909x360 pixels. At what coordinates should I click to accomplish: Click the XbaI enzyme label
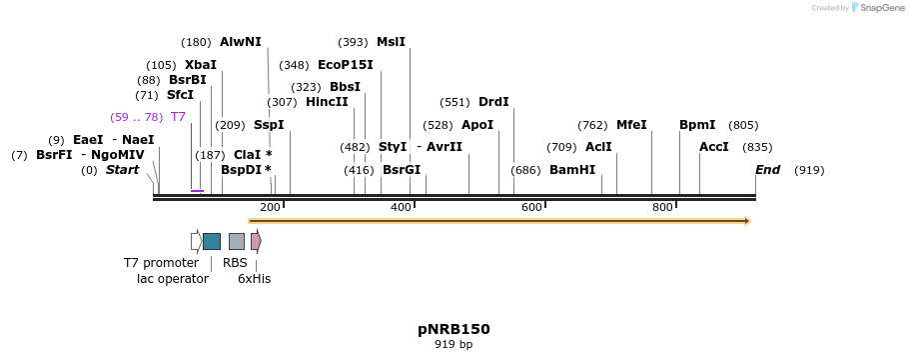201,65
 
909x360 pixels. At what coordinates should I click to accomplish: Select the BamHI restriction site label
572,170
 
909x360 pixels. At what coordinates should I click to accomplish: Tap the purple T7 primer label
178,117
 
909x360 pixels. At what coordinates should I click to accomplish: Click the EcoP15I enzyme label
345,65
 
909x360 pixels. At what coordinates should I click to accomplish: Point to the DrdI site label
493,102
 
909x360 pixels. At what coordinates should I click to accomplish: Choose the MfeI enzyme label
631,125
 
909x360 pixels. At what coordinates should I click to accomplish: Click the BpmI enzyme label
697,125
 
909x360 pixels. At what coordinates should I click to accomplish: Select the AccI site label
714,147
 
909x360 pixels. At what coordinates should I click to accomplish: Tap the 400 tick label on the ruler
401,207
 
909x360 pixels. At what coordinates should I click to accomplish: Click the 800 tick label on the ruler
662,207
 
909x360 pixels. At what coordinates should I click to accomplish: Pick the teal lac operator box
212,241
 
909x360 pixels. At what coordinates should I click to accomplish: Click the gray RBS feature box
237,241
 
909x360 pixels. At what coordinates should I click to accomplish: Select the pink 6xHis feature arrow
256,241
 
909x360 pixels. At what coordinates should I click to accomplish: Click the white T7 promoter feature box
196,241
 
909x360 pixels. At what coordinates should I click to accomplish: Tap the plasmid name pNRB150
454,329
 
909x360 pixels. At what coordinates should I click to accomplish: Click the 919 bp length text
454,345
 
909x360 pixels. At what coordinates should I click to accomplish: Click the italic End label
767,170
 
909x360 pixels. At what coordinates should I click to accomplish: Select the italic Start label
122,170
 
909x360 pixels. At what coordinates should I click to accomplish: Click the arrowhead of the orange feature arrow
745,221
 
